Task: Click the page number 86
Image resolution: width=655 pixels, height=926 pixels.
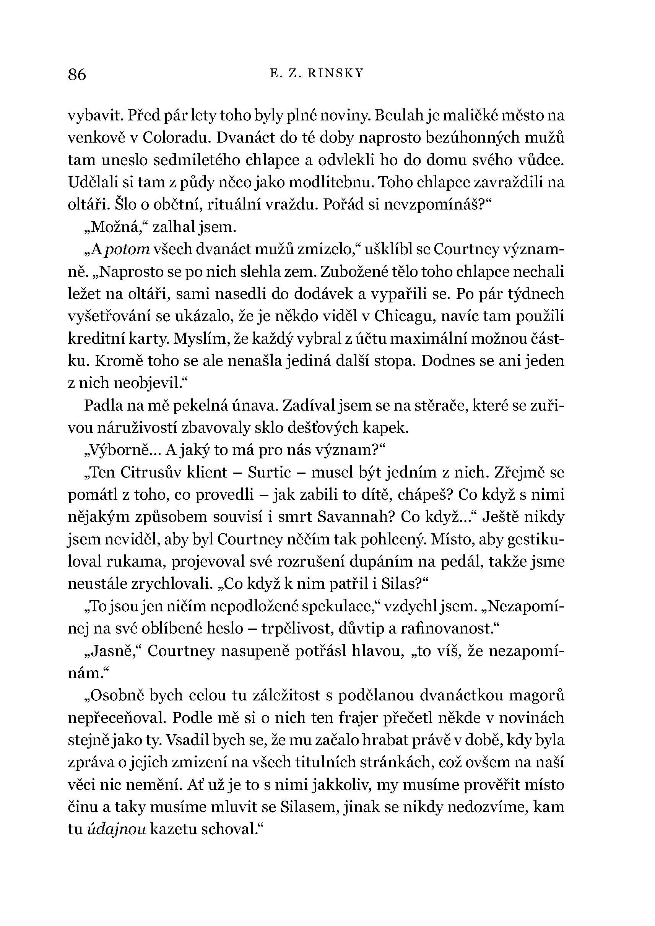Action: pyautogui.click(x=77, y=75)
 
